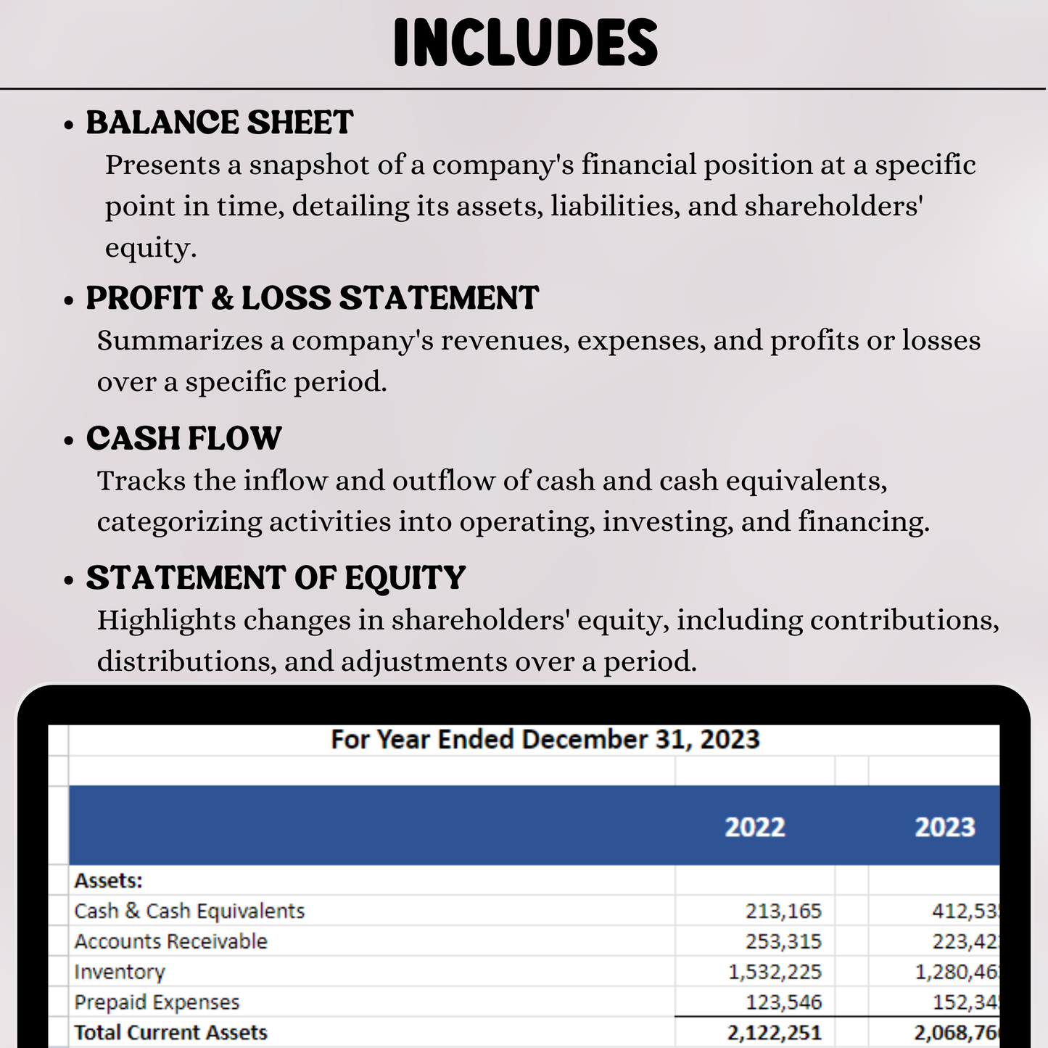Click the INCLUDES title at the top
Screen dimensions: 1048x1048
pyautogui.click(x=526, y=44)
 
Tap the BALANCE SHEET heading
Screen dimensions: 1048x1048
pyautogui.click(x=219, y=123)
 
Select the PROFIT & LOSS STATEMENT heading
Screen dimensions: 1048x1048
pyautogui.click(x=312, y=298)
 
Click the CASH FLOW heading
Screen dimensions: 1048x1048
pyautogui.click(x=183, y=438)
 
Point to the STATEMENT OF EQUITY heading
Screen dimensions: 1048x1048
pyautogui.click(x=276, y=578)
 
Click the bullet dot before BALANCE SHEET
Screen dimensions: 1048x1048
pyautogui.click(x=69, y=125)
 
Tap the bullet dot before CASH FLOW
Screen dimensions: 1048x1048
pyautogui.click(x=69, y=441)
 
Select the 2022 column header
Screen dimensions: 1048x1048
pyautogui.click(x=755, y=827)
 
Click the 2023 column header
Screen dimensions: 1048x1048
pyautogui.click(x=944, y=827)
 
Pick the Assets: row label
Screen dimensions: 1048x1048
pyautogui.click(x=109, y=880)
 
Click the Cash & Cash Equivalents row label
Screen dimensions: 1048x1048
pyautogui.click(x=189, y=911)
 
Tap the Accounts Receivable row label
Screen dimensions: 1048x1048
pyautogui.click(x=170, y=941)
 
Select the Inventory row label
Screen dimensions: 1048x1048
pyautogui.click(x=120, y=972)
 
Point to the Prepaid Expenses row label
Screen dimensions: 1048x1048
pyautogui.click(x=157, y=1002)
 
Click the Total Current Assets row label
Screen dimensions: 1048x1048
pyautogui.click(x=170, y=1032)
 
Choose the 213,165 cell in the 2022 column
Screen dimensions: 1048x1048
pyautogui.click(x=783, y=911)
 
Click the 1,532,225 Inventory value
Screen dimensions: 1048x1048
pyautogui.click(x=775, y=972)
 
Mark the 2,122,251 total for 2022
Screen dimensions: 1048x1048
pyautogui.click(x=775, y=1032)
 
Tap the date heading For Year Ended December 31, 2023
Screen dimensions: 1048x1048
pyautogui.click(x=545, y=740)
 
